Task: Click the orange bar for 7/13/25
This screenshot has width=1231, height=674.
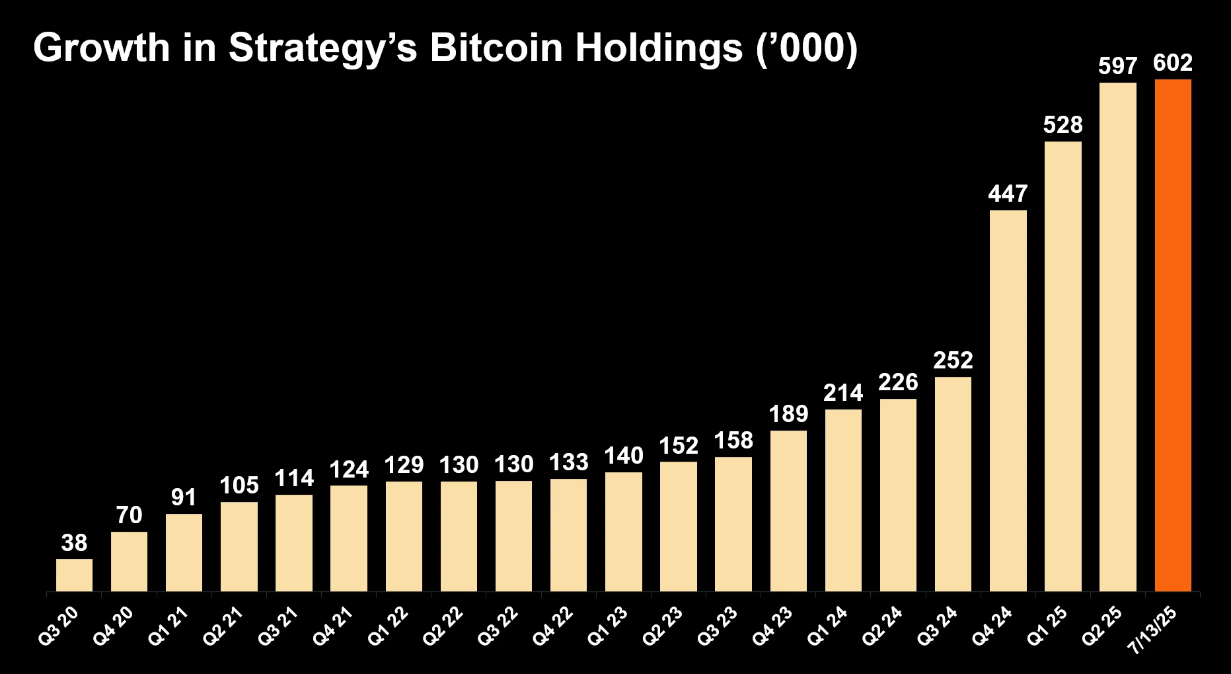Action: coord(1173,335)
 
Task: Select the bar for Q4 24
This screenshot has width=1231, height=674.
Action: coord(1008,401)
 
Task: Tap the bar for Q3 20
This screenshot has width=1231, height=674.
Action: coord(74,575)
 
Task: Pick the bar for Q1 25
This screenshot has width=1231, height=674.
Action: coord(1063,366)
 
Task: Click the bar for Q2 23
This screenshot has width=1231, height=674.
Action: coord(679,527)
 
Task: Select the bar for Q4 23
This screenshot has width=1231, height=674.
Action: coord(788,511)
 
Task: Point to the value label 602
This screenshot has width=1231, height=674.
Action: coord(1173,63)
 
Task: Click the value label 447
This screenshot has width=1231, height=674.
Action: coord(1008,194)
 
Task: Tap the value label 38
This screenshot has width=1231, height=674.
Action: coord(74,543)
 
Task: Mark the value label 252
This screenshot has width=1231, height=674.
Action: coord(953,360)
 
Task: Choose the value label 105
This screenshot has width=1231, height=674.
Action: coord(239,485)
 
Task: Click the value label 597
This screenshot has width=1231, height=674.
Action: coord(1118,66)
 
